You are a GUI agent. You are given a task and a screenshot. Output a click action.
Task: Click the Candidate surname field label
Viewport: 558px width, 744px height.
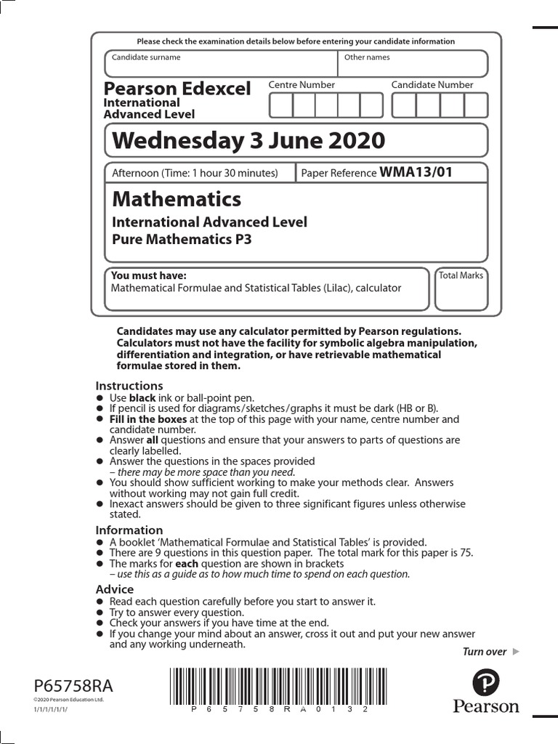[146, 57]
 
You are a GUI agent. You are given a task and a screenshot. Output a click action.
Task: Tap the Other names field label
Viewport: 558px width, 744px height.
[367, 57]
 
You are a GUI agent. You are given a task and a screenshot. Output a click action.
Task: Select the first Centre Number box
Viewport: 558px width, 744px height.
[280, 105]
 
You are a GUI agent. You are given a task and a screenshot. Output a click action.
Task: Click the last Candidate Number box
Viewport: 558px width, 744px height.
[476, 105]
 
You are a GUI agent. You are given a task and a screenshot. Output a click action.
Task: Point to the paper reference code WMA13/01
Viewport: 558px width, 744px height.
[416, 172]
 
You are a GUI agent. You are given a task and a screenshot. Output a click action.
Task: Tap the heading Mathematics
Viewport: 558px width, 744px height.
[177, 199]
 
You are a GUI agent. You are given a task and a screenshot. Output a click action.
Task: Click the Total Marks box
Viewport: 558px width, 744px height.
[461, 289]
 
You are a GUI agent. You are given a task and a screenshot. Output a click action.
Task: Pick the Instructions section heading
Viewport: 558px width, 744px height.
[129, 386]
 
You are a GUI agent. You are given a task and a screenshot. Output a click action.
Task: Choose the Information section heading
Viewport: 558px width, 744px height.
[129, 530]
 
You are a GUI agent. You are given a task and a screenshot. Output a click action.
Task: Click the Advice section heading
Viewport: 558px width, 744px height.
[115, 589]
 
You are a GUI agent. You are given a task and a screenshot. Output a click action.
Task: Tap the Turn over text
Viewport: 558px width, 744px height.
[485, 652]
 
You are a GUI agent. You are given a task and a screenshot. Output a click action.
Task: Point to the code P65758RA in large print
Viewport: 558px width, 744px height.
[73, 686]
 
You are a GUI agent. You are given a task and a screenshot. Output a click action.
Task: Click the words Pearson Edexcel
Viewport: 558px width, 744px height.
[177, 89]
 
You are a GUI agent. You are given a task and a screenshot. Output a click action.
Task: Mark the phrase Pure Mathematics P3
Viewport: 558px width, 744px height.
[181, 239]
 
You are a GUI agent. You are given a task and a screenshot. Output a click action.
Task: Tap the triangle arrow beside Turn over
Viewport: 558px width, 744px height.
[516, 652]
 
